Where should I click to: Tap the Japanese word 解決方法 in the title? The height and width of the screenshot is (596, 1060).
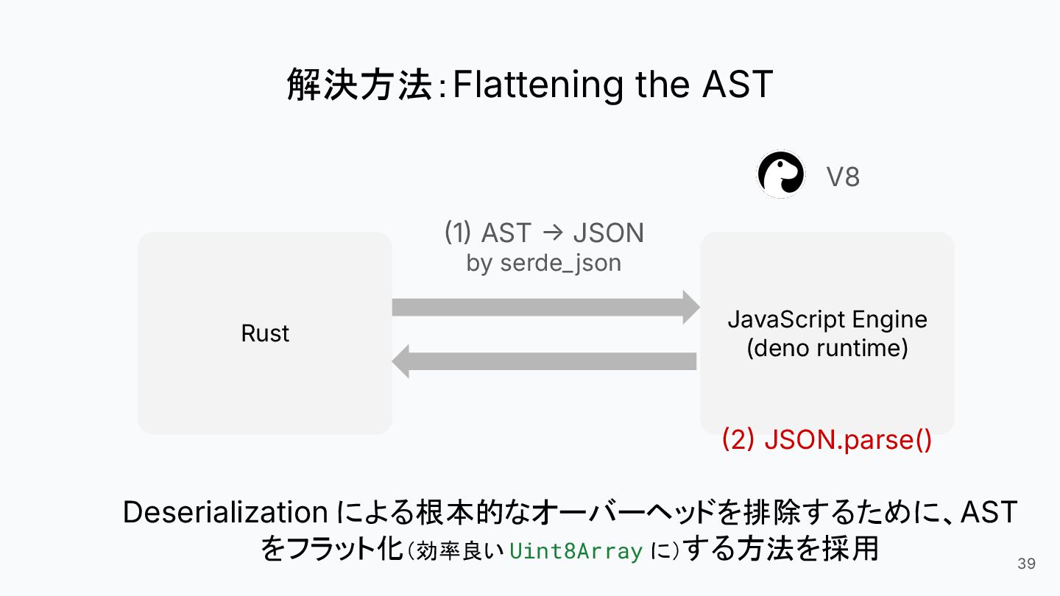[x=359, y=85]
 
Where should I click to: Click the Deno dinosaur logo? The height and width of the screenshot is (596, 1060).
[x=781, y=175]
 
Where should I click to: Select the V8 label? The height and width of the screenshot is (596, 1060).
[x=842, y=177]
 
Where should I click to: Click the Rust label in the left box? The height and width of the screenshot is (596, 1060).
[x=265, y=333]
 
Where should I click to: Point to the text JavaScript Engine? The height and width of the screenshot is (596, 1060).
[x=827, y=319]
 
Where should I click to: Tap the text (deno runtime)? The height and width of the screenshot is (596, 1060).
[x=827, y=347]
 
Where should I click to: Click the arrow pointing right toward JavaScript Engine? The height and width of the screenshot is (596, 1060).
[x=545, y=307]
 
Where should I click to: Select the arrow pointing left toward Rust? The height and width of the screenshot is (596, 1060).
[x=545, y=361]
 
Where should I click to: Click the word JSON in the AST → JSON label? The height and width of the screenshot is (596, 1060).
[x=608, y=233]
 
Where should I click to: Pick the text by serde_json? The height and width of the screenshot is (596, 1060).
[x=543, y=263]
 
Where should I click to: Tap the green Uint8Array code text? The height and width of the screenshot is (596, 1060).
[x=576, y=551]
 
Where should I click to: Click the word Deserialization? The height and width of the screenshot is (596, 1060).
[x=225, y=512]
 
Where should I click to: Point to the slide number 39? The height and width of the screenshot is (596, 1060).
[x=1026, y=564]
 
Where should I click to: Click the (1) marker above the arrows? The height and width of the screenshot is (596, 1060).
[x=457, y=233]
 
